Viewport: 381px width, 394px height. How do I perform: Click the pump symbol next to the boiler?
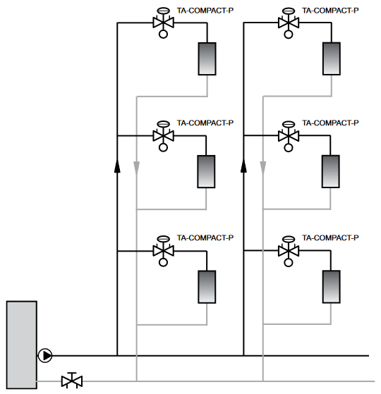coord(45,355)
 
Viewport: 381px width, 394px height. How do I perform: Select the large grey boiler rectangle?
coord(22,345)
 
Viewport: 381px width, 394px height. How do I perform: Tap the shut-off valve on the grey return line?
coord(72,380)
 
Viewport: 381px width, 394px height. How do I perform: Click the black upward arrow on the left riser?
coord(117,166)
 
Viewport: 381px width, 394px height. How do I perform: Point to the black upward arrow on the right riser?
coord(243,166)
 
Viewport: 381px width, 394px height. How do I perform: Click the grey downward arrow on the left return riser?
coord(137,168)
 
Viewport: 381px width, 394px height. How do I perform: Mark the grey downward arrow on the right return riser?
coord(263,168)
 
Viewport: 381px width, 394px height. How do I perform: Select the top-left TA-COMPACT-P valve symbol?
coord(163,23)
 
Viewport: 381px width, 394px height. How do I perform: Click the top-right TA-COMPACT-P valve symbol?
coord(289,23)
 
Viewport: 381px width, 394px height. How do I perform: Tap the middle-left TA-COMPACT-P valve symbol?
coord(163,136)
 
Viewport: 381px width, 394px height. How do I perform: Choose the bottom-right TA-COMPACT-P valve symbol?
coord(289,251)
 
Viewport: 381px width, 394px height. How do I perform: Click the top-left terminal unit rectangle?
coord(207,59)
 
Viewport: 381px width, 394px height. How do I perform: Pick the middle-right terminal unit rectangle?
coord(331,171)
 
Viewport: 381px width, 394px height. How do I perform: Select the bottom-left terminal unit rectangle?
coord(207,287)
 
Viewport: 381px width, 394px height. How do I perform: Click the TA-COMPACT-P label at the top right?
coord(330,11)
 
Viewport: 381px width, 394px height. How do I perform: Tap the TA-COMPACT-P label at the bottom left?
coord(205,238)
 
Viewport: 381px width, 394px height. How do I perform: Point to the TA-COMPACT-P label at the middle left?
coord(205,123)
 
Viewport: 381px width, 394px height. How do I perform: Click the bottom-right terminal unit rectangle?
coord(332,287)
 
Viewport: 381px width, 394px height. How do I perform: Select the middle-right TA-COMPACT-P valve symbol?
coord(289,136)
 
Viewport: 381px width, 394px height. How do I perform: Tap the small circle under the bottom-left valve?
coord(163,262)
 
